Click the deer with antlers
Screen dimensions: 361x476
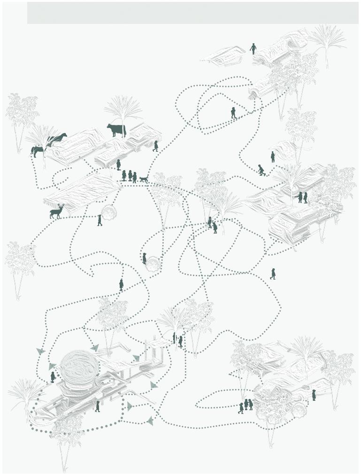[57, 212]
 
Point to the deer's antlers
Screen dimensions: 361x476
[61, 206]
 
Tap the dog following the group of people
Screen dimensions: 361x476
[144, 179]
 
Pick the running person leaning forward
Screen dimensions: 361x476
[261, 170]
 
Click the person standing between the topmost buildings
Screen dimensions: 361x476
[253, 48]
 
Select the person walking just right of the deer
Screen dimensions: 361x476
[100, 220]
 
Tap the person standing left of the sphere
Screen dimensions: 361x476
[53, 377]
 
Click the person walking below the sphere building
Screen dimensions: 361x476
[98, 406]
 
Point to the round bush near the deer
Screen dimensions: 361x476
[110, 213]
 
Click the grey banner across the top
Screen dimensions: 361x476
[192, 13]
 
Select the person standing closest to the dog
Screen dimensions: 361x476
[135, 178]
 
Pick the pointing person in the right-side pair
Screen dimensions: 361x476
[300, 197]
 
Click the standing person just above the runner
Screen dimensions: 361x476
[272, 156]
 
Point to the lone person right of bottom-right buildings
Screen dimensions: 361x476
[314, 396]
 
